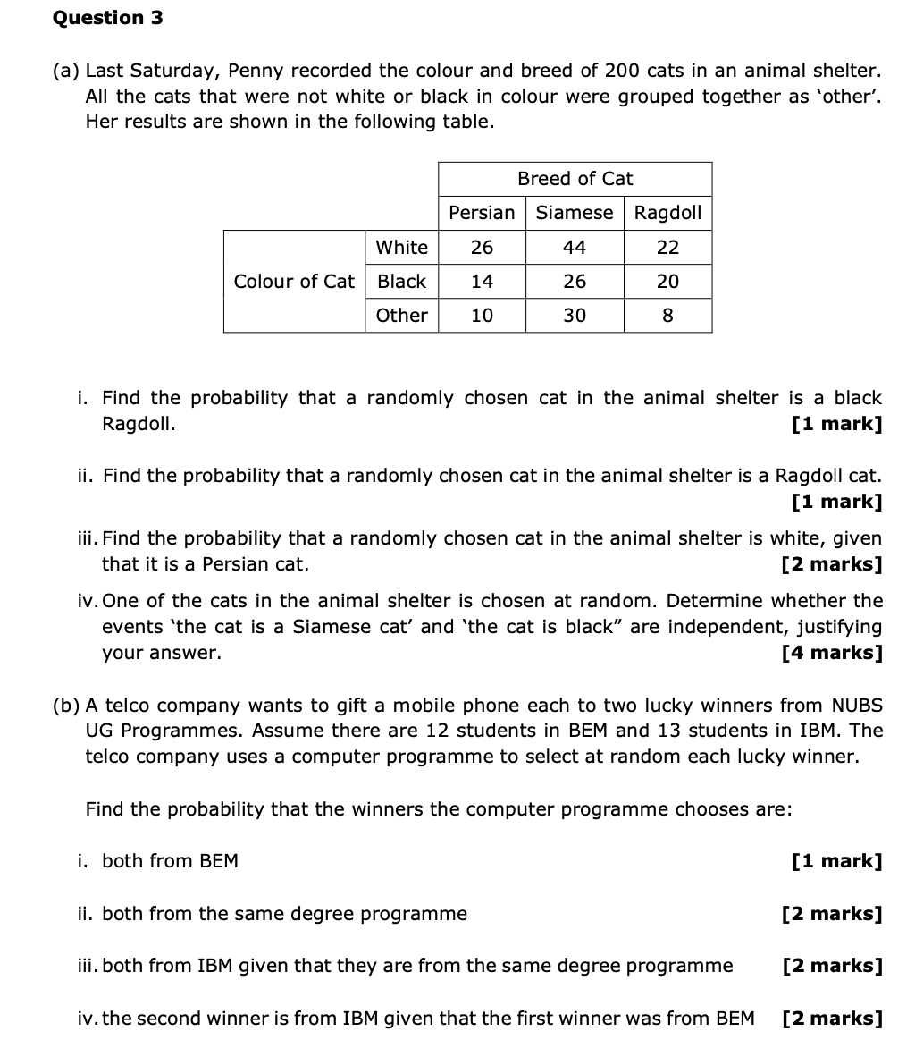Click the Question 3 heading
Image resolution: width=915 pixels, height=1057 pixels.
[x=108, y=18]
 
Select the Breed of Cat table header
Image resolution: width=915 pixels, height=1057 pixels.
[x=575, y=179]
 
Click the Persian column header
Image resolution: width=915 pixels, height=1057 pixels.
[x=482, y=213]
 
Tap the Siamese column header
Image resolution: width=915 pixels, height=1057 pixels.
[x=575, y=213]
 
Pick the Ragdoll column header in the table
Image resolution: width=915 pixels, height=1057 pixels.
[x=667, y=213]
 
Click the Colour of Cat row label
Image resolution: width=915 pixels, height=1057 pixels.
[x=294, y=282]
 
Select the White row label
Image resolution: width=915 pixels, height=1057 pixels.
[x=401, y=248]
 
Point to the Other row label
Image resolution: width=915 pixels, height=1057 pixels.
[x=401, y=316]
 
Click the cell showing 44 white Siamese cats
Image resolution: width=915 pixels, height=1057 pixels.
[x=575, y=248]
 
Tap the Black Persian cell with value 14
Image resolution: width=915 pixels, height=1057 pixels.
[x=482, y=282]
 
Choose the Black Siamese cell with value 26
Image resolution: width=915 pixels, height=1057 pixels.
[x=575, y=282]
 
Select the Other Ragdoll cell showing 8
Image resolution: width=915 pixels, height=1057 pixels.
[x=667, y=316]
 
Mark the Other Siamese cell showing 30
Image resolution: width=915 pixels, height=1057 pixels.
[x=575, y=316]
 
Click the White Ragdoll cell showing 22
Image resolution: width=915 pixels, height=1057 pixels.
[x=667, y=248]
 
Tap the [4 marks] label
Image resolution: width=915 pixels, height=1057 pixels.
[x=832, y=653]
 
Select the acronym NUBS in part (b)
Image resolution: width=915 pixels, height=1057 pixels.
[x=857, y=706]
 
